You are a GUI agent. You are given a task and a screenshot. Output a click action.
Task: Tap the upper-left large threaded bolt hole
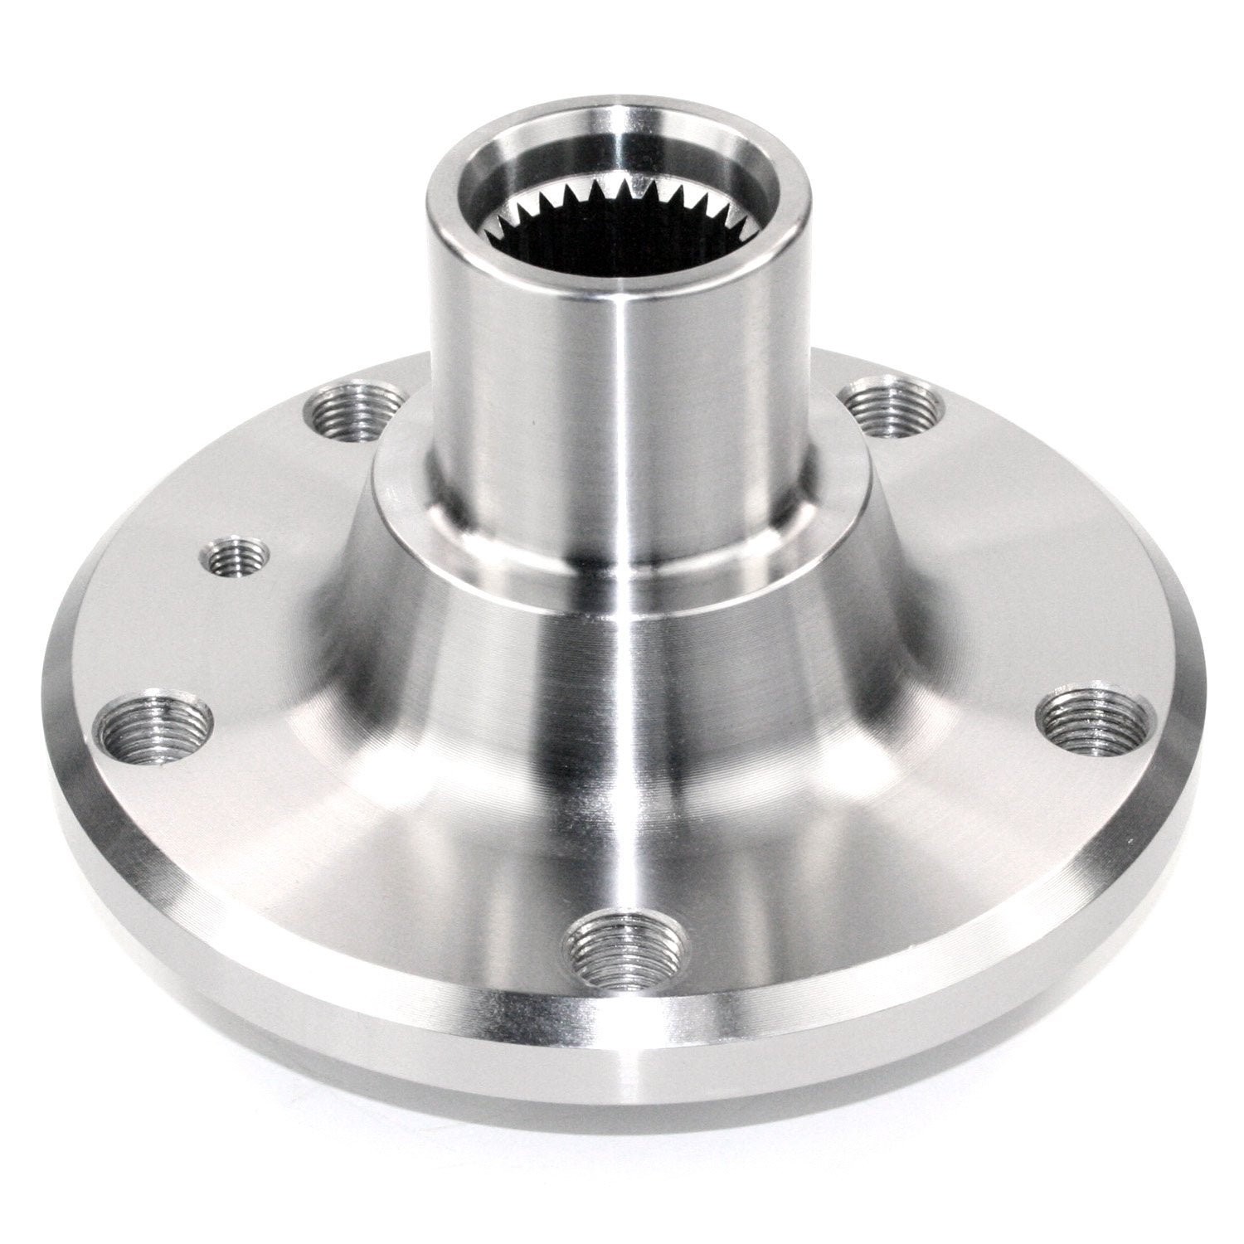tap(352, 411)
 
